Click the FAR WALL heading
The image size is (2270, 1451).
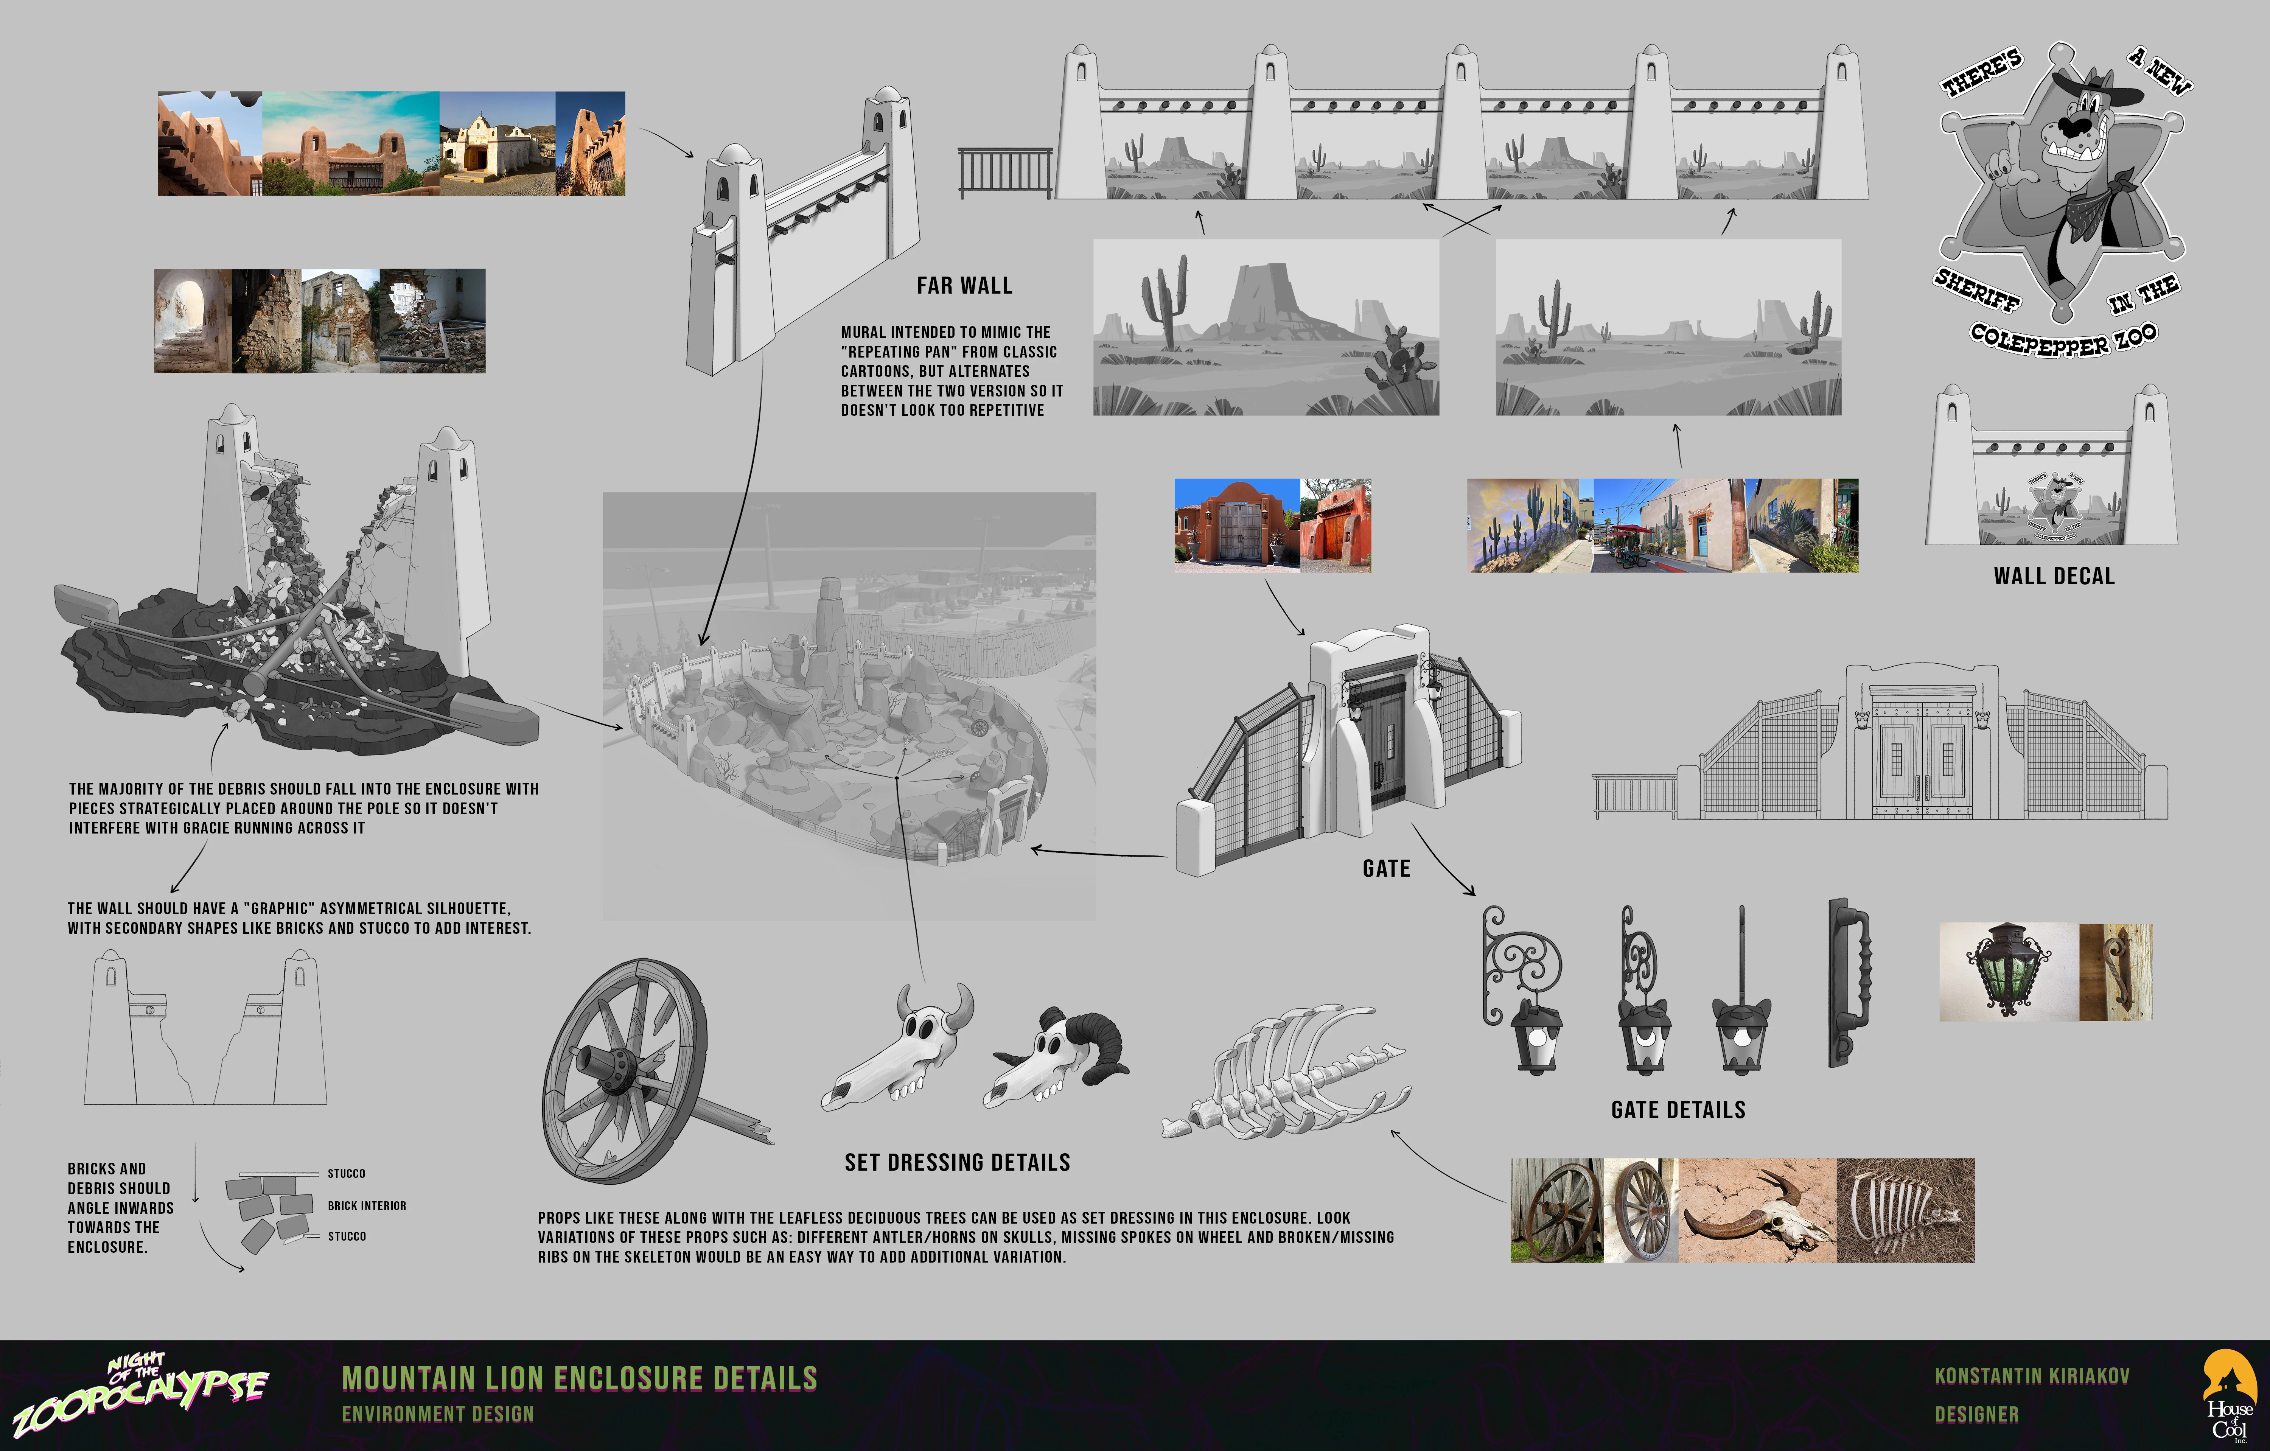[x=964, y=286]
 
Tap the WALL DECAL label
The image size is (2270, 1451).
[x=2054, y=576]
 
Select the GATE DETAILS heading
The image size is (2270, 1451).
[x=1678, y=1110]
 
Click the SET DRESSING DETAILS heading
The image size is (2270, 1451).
[x=957, y=1162]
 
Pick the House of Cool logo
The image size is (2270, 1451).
[x=2230, y=1395]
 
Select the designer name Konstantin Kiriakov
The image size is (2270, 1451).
[x=2032, y=1376]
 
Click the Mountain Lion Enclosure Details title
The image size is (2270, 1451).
[x=580, y=1378]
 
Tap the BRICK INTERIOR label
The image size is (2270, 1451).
[x=367, y=1206]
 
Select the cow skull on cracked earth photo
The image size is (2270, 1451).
[x=1757, y=1211]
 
